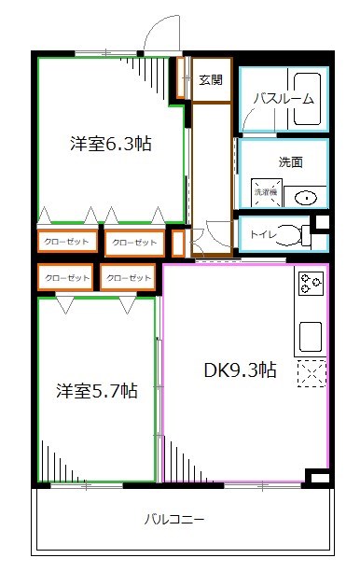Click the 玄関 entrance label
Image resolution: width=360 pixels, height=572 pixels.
pos(211,80)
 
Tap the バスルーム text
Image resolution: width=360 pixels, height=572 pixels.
pos(283,99)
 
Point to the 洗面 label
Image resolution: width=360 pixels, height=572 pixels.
pos(290,160)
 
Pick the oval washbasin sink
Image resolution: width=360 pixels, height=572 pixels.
pos(304,197)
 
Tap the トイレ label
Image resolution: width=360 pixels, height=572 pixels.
pos(262,233)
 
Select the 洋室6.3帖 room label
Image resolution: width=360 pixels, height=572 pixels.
pos(111,145)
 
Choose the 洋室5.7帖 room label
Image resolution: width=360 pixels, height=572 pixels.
pos(96,391)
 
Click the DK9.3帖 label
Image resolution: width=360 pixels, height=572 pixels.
pos(240,370)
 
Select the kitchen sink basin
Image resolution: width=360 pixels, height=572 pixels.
pos(310,333)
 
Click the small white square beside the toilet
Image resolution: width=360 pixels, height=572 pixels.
pos(322,222)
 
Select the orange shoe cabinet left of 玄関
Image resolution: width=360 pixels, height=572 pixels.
pos(183,78)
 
